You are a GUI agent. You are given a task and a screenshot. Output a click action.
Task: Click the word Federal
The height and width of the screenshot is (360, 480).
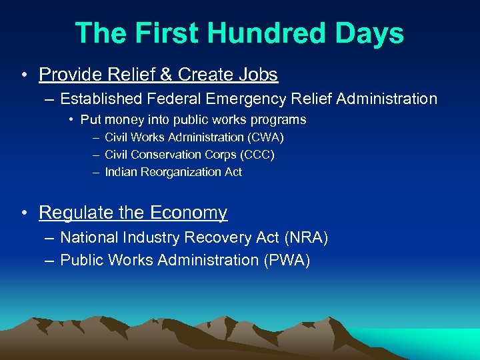tap(175, 99)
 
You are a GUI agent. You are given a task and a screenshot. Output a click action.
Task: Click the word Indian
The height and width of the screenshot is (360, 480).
tap(121, 172)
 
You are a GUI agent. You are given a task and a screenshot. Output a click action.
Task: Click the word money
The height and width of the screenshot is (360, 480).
tap(122, 120)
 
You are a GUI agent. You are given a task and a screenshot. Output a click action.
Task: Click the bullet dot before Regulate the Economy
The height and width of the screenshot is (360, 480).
tap(24, 213)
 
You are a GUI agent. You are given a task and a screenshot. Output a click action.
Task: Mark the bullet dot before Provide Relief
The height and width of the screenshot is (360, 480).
tap(24, 75)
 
